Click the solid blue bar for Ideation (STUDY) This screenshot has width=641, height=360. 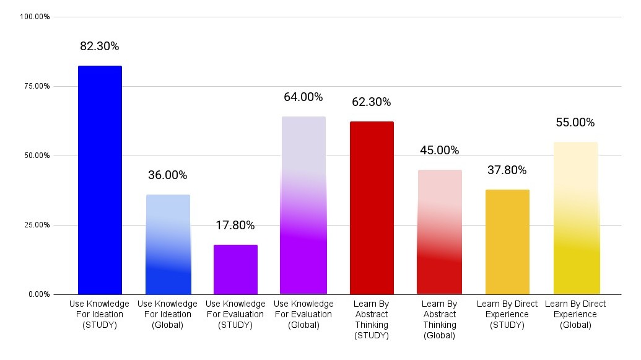[100, 180]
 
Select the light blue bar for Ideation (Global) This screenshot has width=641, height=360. [168, 244]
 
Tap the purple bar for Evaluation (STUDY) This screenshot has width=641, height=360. [235, 270]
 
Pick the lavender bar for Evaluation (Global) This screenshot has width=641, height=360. [303, 205]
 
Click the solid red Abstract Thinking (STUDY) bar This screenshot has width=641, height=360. [372, 208]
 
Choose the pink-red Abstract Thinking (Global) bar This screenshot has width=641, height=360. [440, 232]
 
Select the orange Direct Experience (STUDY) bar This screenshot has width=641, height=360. [507, 242]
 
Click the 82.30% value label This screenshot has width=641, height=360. [100, 46]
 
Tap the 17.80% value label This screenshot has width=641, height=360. [235, 226]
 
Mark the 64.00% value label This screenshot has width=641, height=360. [303, 97]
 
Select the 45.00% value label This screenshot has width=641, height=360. [440, 151]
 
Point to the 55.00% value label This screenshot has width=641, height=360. [575, 123]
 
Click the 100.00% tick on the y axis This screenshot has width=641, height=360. [35, 17]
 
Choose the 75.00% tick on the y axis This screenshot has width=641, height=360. [37, 86]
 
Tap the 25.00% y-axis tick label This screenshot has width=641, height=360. [37, 225]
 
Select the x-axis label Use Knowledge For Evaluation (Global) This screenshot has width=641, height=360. [303, 314]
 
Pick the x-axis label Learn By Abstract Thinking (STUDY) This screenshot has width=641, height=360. [372, 320]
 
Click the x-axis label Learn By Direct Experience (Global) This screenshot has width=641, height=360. [575, 314]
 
